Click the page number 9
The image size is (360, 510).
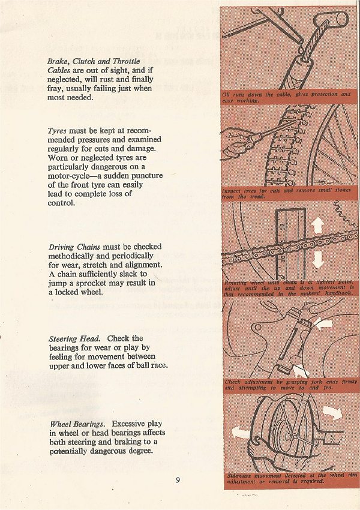pyautogui.click(x=178, y=479)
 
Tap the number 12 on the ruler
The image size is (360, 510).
pyautogui.click(x=281, y=226)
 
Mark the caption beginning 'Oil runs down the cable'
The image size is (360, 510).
pyautogui.click(x=287, y=97)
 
